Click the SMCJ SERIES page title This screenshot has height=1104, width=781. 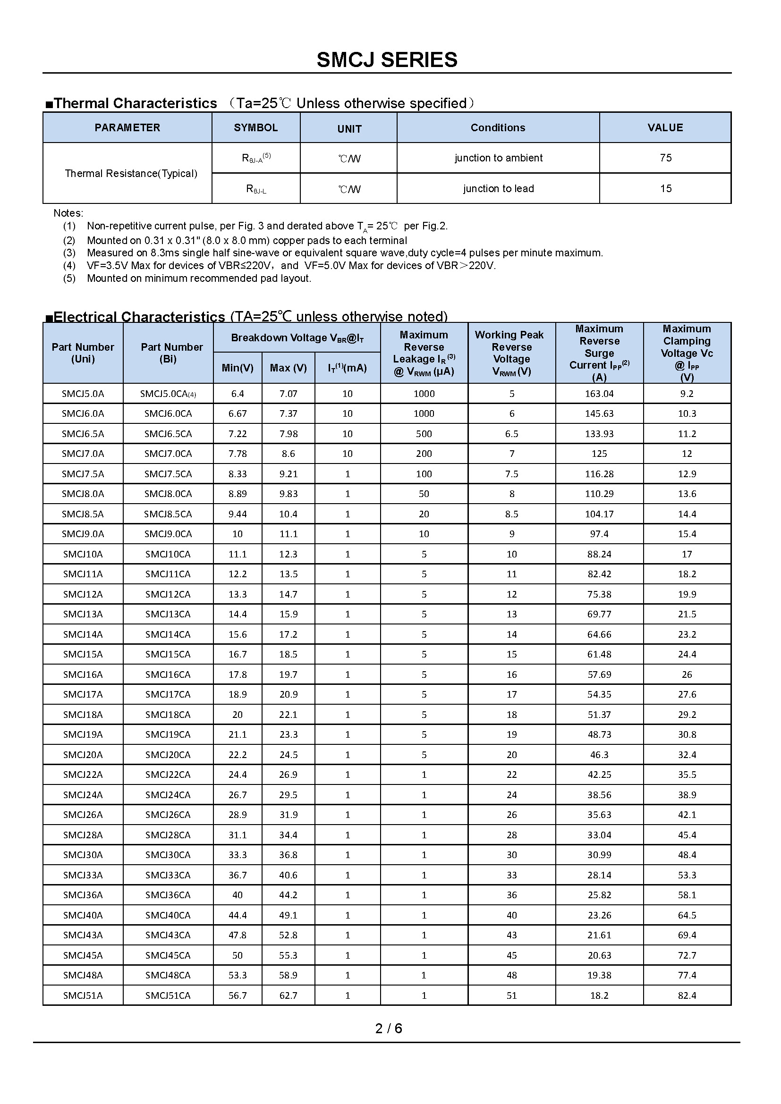tap(387, 60)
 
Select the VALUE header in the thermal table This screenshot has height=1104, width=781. tap(665, 127)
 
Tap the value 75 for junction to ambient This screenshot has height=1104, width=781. tap(665, 158)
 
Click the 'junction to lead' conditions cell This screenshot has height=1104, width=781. tap(498, 188)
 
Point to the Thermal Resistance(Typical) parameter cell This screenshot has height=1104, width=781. tap(131, 173)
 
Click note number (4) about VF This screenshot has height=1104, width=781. tap(69, 265)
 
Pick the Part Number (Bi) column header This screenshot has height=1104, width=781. tap(171, 353)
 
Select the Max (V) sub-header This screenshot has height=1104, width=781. tap(288, 368)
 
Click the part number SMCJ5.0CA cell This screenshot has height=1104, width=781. tap(168, 394)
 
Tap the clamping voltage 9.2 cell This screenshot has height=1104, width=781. tap(686, 394)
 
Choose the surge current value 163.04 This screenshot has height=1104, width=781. tap(599, 394)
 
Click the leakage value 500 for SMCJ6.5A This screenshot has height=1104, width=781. tap(424, 434)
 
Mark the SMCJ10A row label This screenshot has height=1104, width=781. tap(83, 554)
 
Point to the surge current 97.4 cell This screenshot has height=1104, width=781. tap(599, 534)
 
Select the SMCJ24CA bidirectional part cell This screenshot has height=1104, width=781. tap(168, 795)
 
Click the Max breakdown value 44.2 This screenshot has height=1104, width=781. tap(288, 895)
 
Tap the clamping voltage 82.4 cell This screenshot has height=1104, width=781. tap(686, 995)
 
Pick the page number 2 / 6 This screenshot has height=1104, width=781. tap(389, 1028)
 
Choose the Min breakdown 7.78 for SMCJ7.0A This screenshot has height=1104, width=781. tap(238, 454)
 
